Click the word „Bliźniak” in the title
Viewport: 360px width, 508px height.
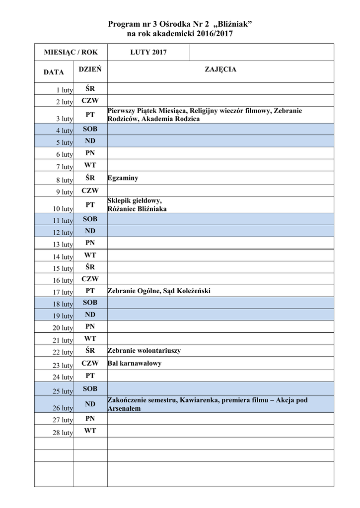pos(228,25)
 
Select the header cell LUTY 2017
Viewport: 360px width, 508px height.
pos(148,52)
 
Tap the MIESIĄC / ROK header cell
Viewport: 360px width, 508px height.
pos(71,52)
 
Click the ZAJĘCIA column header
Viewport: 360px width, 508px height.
pos(220,69)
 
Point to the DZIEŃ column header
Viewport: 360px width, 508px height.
pos(90,69)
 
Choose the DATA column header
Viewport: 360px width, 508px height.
pos(54,72)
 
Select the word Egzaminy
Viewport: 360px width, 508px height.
pos(123,178)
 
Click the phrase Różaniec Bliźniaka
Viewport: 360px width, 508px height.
pos(137,209)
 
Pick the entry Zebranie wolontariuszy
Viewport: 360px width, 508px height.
pos(144,351)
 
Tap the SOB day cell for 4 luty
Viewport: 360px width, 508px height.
pos(90,129)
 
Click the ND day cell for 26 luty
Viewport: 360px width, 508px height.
pos(90,404)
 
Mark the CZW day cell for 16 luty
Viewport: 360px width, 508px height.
pos(90,279)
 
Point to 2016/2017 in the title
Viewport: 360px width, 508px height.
pos(213,34)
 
